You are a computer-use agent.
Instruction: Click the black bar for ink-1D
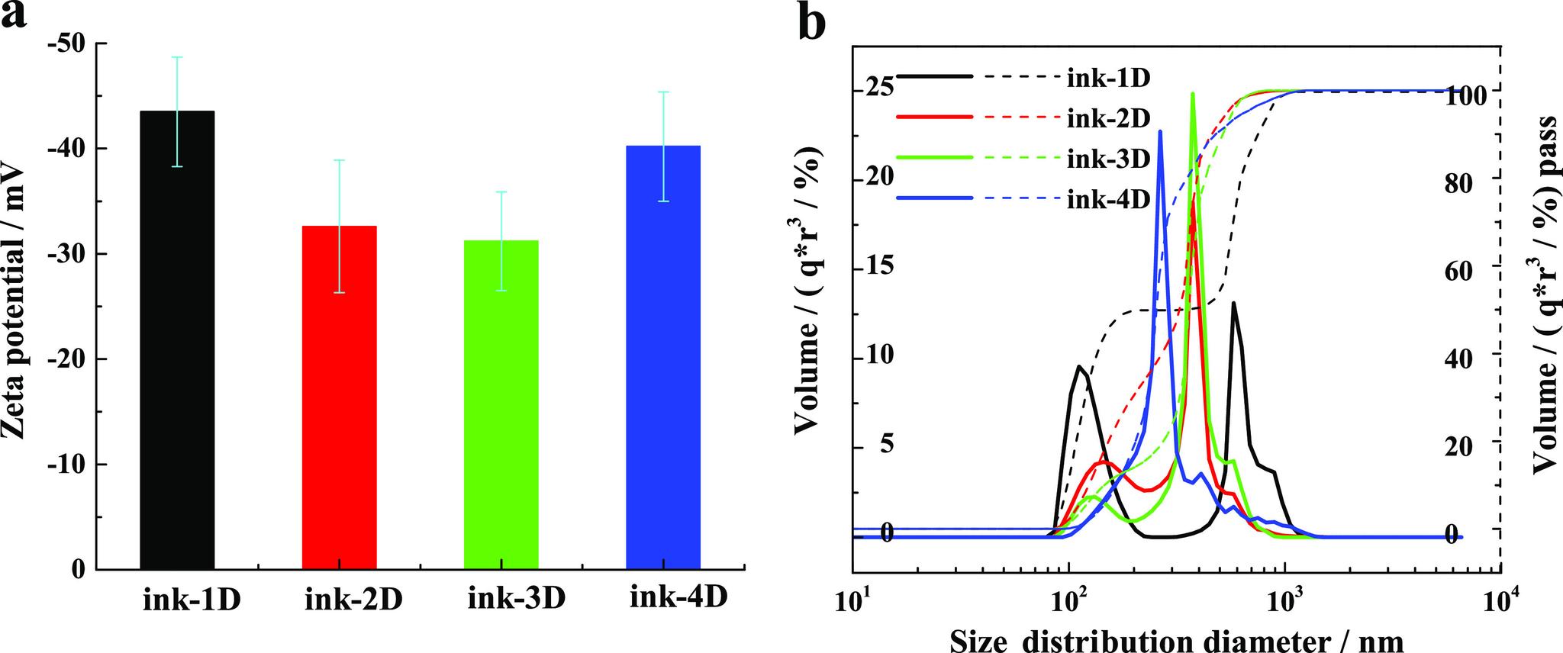point(177,339)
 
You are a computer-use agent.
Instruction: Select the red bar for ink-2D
point(339,397)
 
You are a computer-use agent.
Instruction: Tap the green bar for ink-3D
point(501,404)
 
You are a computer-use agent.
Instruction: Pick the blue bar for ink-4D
point(662,357)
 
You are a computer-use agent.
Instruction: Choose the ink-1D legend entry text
point(1107,78)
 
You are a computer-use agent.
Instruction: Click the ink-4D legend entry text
point(1107,200)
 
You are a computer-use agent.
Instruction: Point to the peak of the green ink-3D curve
point(1193,95)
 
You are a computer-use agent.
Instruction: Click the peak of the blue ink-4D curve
point(1160,132)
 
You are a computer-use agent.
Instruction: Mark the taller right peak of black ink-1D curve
point(1233,304)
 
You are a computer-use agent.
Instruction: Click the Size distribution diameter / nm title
point(1176,639)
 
